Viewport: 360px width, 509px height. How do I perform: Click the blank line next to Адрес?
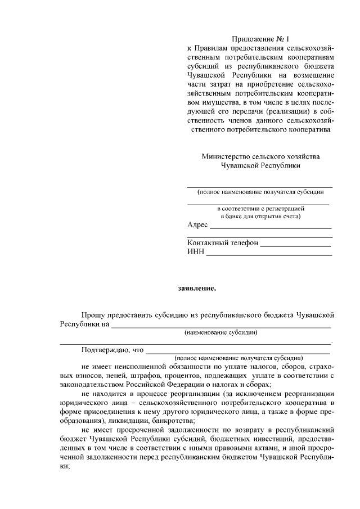click(270, 227)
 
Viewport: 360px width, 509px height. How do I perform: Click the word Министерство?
click(224, 156)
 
